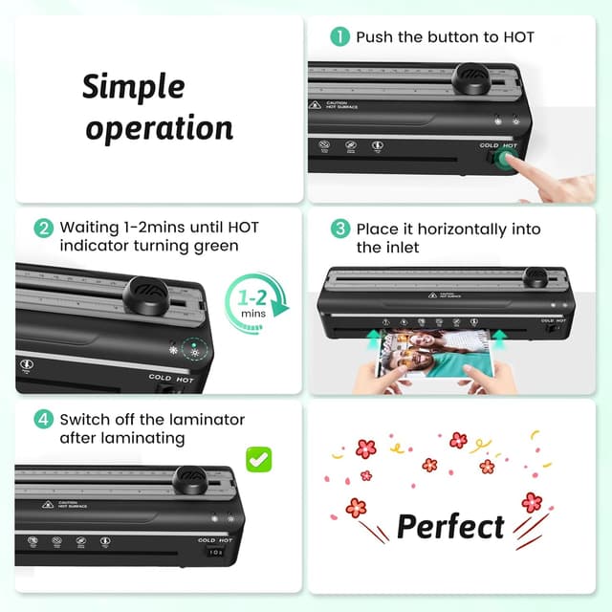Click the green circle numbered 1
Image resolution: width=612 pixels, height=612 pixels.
click(339, 37)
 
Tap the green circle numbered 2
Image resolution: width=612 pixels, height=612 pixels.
click(43, 229)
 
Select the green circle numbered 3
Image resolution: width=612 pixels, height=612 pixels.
click(339, 229)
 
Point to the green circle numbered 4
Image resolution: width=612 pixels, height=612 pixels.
click(43, 420)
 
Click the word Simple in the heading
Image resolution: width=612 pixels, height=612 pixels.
click(133, 88)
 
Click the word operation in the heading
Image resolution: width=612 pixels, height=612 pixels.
click(159, 128)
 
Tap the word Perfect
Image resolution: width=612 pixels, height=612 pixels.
click(450, 526)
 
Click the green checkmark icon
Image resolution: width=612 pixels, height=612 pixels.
click(258, 458)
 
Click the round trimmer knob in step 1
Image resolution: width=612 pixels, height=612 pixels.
click(470, 77)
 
